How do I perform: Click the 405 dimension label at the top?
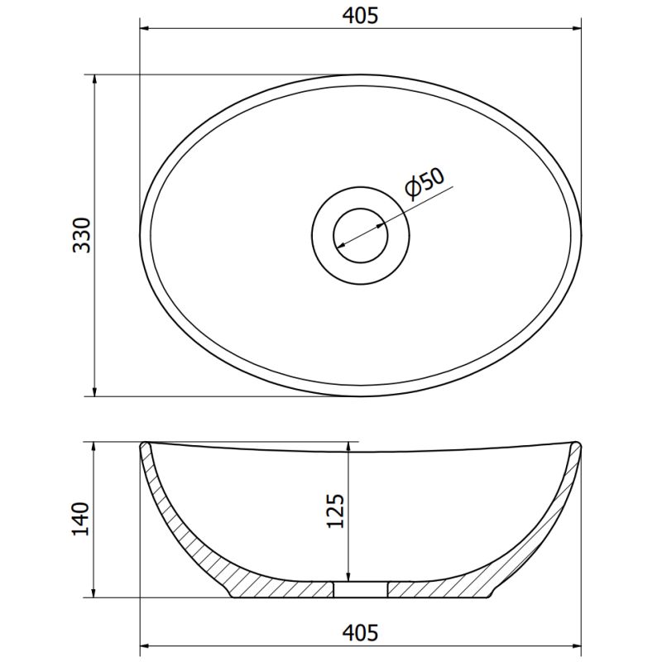tap(360, 16)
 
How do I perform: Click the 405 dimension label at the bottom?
tap(360, 633)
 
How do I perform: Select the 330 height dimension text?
tap(82, 235)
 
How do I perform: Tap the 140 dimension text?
tap(81, 520)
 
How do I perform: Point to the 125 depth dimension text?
tap(336, 511)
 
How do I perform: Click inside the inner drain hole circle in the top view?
tap(360, 235)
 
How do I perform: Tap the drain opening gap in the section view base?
tap(360, 590)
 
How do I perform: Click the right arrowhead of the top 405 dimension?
tap(576, 29)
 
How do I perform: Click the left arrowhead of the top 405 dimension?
tap(146, 29)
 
